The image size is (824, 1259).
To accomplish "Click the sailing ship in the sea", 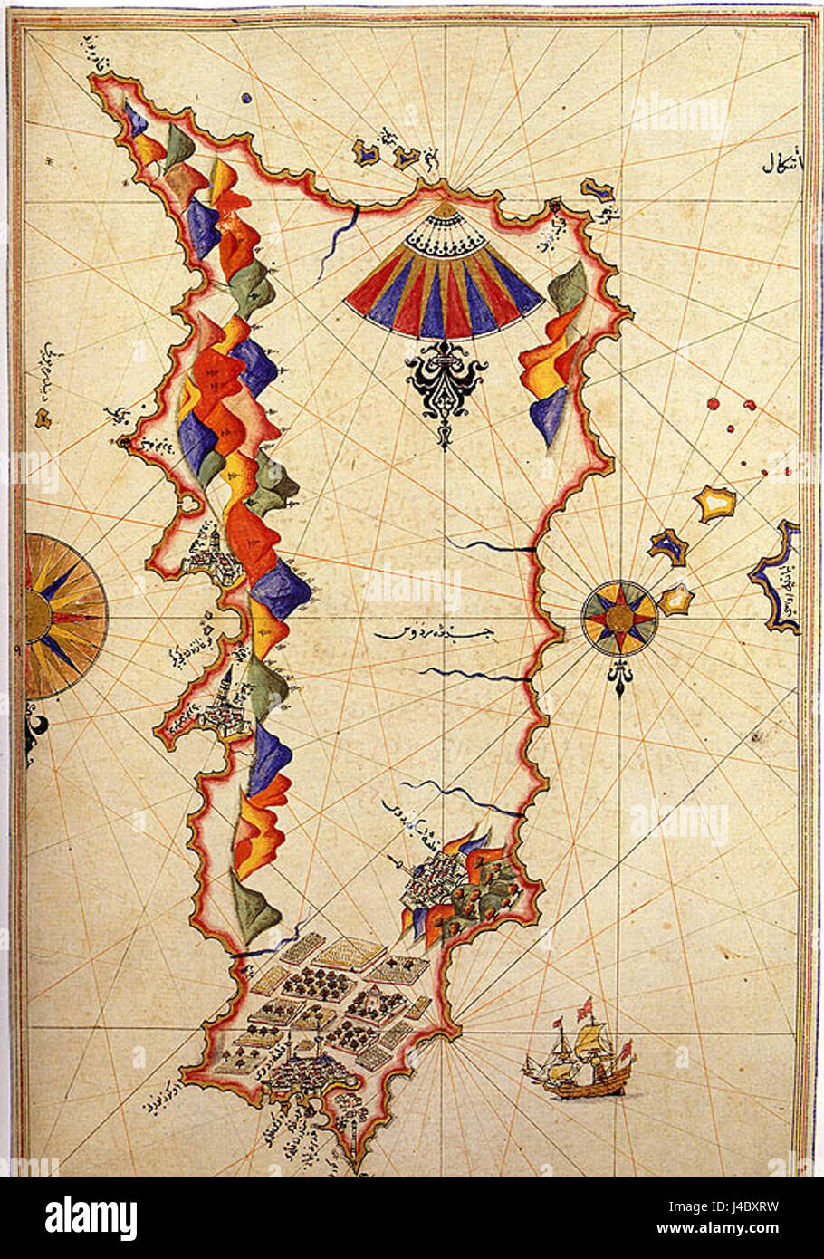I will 580,1054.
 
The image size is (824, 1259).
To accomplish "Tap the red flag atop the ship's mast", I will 586,1004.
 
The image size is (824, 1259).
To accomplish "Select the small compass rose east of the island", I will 619,617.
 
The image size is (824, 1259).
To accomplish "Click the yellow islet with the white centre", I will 715,503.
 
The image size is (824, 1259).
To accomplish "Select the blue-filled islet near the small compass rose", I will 667,546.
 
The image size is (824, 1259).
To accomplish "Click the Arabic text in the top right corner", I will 778,166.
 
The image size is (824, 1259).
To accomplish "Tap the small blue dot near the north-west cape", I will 246,97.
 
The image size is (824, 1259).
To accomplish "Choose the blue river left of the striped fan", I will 344,234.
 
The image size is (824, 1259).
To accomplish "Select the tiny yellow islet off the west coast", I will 42,418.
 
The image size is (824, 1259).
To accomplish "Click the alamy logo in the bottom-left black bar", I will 91,1217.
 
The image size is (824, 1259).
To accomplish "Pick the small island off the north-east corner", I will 597,189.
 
